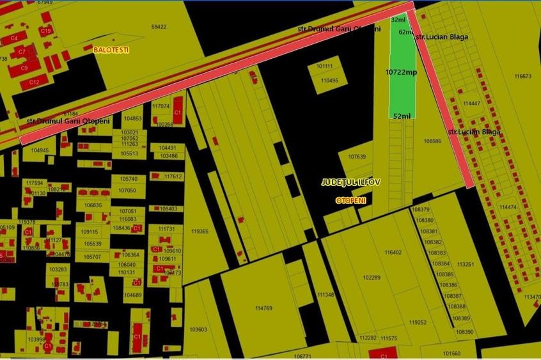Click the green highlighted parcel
pos(402,90)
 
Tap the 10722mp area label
pos(401,72)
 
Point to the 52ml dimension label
pos(402,116)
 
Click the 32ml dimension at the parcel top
pos(398,20)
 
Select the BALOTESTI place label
pos(111,49)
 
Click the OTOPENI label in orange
pos(351,200)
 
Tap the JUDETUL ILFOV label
pos(350,182)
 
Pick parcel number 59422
pos(159,27)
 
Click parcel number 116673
pos(522,76)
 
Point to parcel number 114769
pos(263,308)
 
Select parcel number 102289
pos(372,278)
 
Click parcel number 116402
pos(393,253)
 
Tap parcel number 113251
pos(465,264)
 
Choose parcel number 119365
pos(200,231)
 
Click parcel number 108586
pos(432,141)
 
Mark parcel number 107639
pos(357,157)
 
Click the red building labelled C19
pos(45,30)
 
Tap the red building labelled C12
pos(34,82)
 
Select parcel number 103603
pos(198,329)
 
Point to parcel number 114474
pos(508,207)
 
